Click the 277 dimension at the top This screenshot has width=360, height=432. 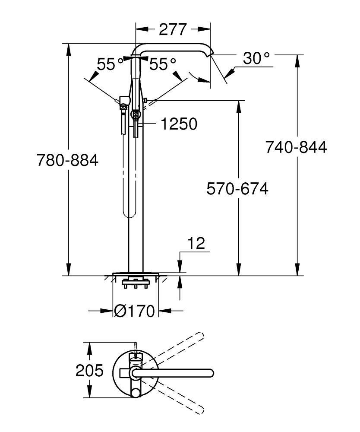[173, 29]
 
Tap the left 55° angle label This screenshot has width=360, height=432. [110, 65]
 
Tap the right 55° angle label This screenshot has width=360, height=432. [163, 65]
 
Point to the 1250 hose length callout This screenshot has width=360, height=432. [179, 124]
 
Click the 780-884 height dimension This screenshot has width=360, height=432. [67, 161]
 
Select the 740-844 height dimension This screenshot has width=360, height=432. [296, 147]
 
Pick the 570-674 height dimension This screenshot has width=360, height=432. [237, 189]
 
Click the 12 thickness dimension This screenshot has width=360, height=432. [197, 243]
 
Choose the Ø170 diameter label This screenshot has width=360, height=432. [135, 311]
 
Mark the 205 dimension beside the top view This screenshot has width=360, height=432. [89, 371]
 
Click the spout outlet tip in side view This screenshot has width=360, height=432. [211, 54]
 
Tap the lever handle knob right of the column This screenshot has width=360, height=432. [145, 101]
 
